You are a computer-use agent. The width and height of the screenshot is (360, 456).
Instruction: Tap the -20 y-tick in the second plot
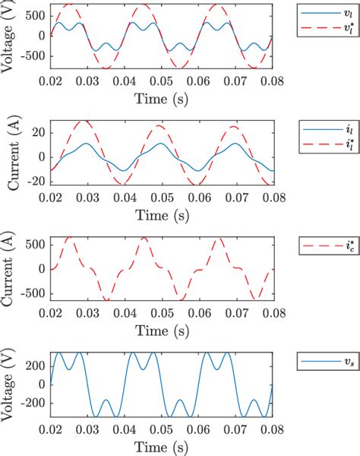click(35, 180)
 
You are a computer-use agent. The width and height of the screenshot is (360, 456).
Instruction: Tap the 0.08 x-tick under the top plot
click(273, 80)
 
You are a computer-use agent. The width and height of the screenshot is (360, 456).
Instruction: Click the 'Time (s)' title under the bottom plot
click(162, 445)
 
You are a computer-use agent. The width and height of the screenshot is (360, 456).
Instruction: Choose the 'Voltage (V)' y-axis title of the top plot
click(9, 36)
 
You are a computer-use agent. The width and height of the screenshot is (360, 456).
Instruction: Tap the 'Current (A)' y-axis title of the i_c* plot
click(9, 268)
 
